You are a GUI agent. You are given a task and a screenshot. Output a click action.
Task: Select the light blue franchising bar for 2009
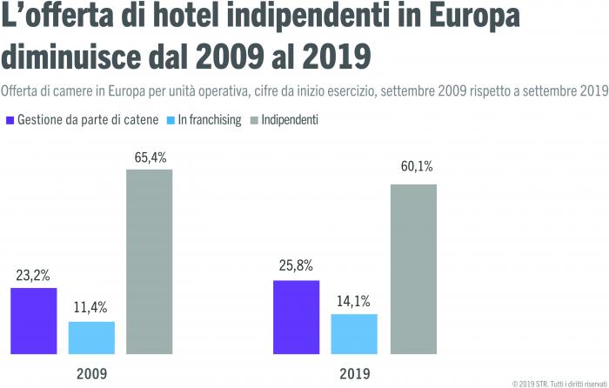click(91, 336)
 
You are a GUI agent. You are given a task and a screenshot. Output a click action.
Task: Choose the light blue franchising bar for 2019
click(354, 332)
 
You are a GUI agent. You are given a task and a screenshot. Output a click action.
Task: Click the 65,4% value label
click(150, 157)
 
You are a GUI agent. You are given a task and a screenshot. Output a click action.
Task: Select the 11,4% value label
click(91, 309)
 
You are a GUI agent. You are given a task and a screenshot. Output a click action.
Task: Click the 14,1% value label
click(354, 301)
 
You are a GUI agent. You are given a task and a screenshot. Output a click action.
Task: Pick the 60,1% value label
click(412, 171)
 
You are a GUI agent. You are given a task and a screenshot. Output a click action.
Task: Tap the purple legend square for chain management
click(10, 120)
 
